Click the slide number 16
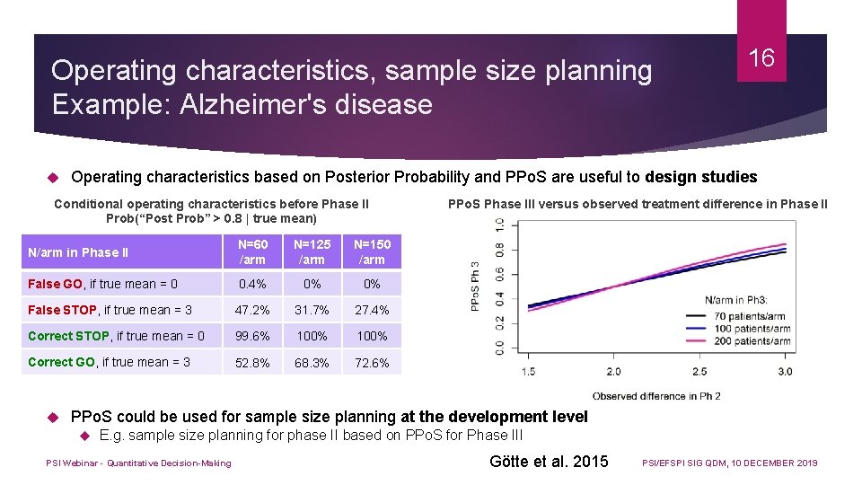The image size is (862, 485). coord(761,58)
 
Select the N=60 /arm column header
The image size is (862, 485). coord(252,252)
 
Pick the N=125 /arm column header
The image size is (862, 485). coord(312,252)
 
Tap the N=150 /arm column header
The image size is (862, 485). coord(372,252)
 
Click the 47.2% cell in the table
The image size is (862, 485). coord(252,310)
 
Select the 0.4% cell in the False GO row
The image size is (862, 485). coord(252,284)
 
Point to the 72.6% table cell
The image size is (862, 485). coord(372,362)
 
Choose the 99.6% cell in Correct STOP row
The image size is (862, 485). coord(252,336)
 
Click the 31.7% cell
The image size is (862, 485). coord(312,310)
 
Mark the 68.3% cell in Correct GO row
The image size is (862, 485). coord(312,362)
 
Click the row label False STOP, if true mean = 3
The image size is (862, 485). coord(110,310)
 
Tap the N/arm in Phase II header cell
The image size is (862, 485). coord(78,252)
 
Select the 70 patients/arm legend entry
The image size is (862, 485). coord(751,316)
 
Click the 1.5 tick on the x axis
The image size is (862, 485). coord(529,372)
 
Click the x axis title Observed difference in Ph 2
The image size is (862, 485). coord(655,396)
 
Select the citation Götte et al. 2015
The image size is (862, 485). coord(549,462)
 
